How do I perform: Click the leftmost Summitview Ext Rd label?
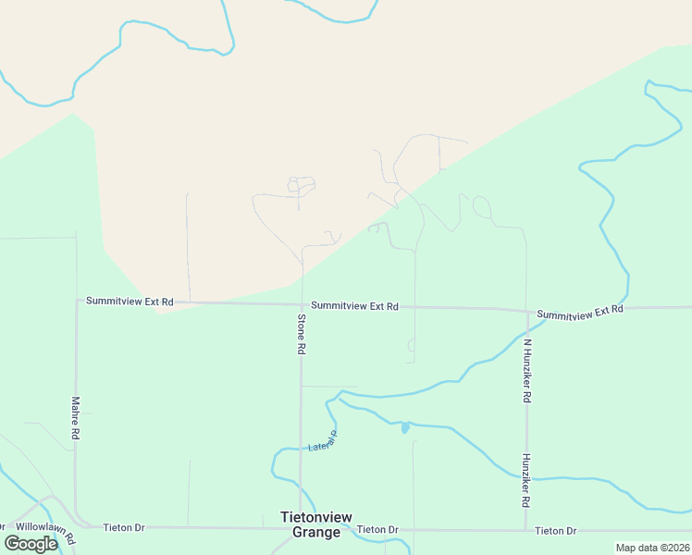click(x=130, y=302)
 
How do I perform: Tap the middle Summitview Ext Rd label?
click(x=354, y=306)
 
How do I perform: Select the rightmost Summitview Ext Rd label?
click(x=579, y=313)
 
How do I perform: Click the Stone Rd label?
click(x=301, y=335)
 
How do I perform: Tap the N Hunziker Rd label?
click(x=526, y=370)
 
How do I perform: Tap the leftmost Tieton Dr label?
click(x=124, y=527)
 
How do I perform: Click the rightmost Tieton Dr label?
click(x=556, y=531)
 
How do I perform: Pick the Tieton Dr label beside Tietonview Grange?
click(x=377, y=530)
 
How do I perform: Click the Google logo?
click(x=30, y=544)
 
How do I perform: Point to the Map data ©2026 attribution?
click(x=652, y=548)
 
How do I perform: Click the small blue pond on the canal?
click(x=404, y=427)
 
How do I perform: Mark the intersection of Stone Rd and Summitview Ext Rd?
click(x=302, y=304)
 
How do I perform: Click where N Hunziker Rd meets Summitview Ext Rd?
click(x=527, y=311)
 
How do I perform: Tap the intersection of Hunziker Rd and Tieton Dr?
click(x=527, y=531)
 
